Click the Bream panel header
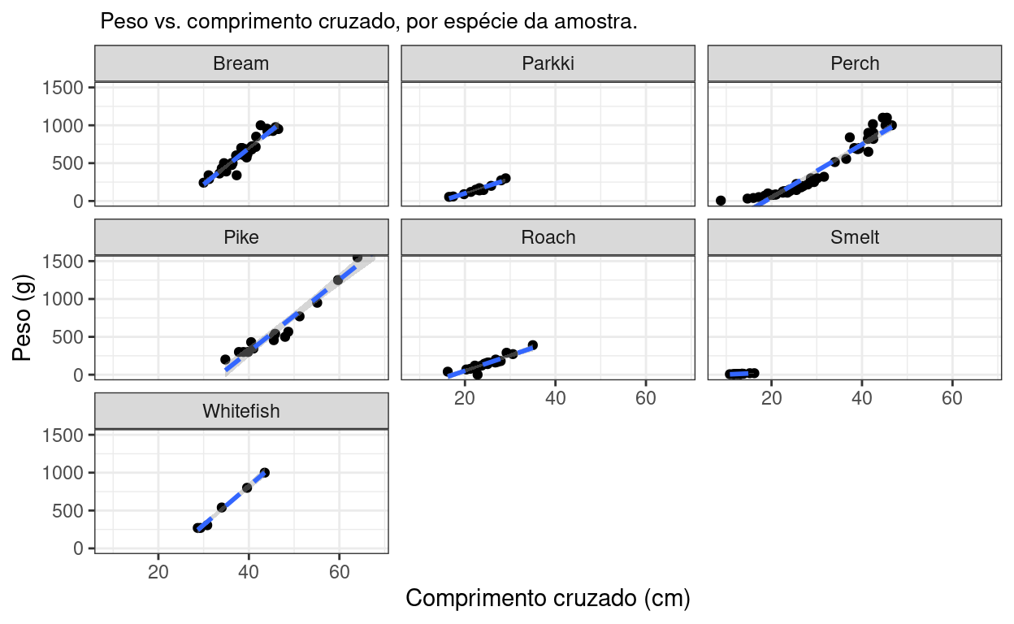[x=241, y=63]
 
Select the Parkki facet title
[x=548, y=63]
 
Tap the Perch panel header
[x=855, y=63]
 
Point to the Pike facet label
[x=241, y=237]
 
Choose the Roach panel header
[x=548, y=237]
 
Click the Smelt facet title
[x=855, y=237]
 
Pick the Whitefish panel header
[x=241, y=411]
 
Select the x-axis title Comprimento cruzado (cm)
[x=548, y=599]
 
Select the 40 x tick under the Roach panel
[x=555, y=399]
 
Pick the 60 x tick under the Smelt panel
[x=952, y=399]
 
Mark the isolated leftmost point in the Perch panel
[x=721, y=200]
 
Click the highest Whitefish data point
[x=265, y=473]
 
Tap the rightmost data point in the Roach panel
[x=533, y=345]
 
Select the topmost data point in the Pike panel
[x=357, y=257]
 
